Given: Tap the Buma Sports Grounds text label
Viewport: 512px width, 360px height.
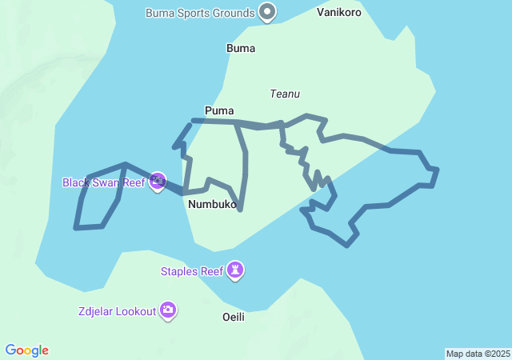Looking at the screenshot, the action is tap(200, 13).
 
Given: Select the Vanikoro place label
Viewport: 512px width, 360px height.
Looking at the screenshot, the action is tap(338, 12).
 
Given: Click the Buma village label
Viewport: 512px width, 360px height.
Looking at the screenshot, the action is tap(241, 48).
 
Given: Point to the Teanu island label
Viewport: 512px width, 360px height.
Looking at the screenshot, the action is tap(285, 94).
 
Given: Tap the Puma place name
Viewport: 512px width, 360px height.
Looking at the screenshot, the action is tap(219, 110).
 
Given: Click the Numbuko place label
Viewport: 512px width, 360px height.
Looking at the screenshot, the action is tap(212, 205).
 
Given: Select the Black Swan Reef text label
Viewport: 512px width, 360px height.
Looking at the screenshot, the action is tap(103, 182).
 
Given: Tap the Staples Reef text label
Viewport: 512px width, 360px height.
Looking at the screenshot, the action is tap(192, 271).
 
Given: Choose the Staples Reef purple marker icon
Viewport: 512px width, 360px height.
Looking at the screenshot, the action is tap(235, 270).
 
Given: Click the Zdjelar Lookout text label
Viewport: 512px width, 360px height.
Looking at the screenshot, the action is tap(117, 311).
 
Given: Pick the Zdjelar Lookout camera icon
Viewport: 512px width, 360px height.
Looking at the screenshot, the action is tap(168, 310).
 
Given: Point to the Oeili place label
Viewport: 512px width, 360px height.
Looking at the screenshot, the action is tap(233, 317).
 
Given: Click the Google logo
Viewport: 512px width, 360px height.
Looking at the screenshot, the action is tap(27, 350).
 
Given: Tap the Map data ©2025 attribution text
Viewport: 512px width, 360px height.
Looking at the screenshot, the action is tap(478, 354).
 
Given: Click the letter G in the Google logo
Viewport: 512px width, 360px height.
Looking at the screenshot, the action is tap(11, 350).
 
